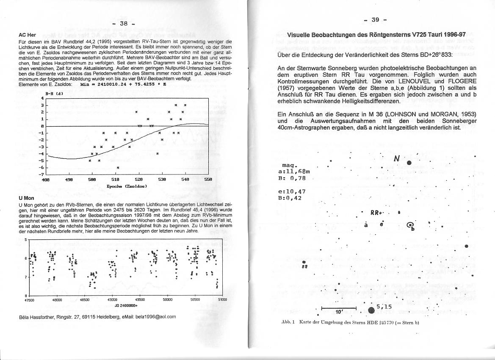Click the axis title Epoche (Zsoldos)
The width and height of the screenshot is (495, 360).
(x=127, y=186)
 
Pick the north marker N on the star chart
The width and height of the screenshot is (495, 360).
(x=397, y=159)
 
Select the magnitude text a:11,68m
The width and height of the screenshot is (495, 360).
(x=296, y=171)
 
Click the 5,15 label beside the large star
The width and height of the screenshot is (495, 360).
(x=385, y=306)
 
